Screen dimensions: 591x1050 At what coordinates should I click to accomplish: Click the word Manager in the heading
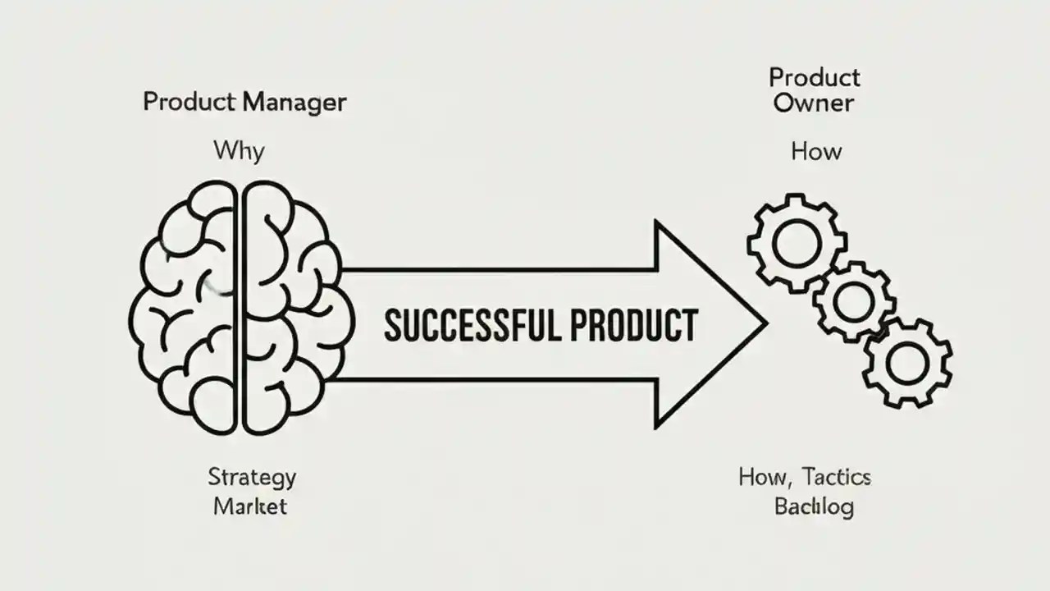point(294,103)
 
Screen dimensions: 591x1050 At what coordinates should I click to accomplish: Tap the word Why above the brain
point(239,150)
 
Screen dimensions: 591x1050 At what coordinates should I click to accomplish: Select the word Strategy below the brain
point(252,477)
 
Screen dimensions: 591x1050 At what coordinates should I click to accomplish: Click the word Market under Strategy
point(250,506)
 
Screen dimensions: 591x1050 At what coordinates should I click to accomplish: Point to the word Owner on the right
point(814,104)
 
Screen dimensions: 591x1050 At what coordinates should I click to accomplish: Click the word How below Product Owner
point(815,152)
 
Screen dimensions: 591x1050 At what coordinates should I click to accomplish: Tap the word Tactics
point(837,477)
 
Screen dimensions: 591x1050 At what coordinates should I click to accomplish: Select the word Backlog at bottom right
point(814,506)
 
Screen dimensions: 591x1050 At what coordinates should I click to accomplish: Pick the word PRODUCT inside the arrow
point(632,325)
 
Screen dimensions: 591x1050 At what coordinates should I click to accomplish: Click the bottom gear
point(907,361)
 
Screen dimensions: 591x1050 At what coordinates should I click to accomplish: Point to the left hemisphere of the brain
point(185,308)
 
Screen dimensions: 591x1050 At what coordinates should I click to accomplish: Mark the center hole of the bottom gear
point(907,361)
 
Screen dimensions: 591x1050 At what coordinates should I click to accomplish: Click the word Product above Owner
point(814,78)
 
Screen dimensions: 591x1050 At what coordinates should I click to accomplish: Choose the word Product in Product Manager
point(189,103)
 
